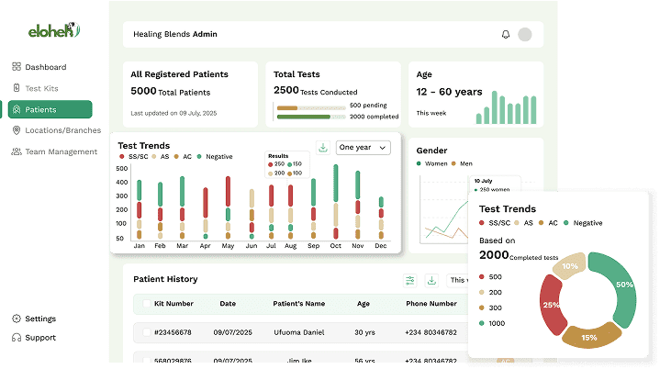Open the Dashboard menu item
tap(45, 67)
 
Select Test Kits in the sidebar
tap(41, 88)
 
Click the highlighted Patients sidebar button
tap(50, 109)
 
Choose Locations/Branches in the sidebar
tap(57, 130)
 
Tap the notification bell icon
tap(505, 35)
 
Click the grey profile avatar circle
tap(525, 35)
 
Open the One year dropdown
tap(363, 147)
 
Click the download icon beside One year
tap(323, 147)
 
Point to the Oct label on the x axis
tap(336, 246)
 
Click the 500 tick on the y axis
tap(122, 168)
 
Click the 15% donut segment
tap(588, 337)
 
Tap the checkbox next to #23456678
tap(146, 332)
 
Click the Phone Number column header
tap(431, 304)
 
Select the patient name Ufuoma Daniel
tap(300, 332)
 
